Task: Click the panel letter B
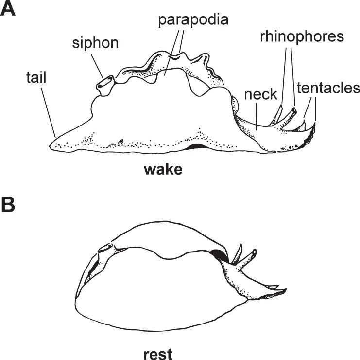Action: click(x=9, y=206)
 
